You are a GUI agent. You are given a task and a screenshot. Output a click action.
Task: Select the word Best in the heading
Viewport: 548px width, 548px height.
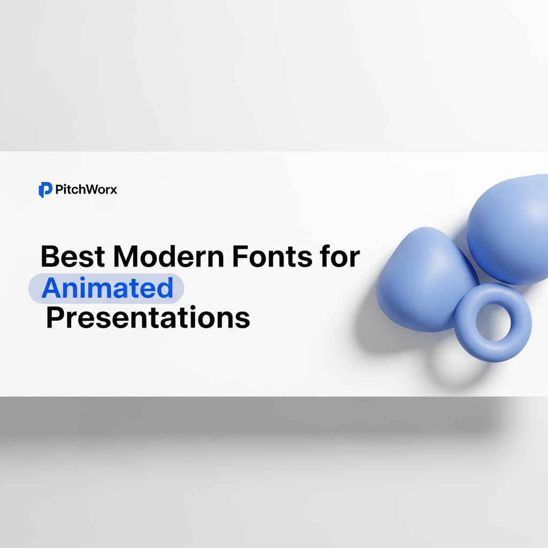72,257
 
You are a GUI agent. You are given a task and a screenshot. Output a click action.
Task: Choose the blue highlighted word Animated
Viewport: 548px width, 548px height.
107,288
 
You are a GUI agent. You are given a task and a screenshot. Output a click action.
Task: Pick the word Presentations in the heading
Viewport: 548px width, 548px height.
148,318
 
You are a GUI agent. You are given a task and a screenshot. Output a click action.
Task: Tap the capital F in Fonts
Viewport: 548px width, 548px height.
240,257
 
